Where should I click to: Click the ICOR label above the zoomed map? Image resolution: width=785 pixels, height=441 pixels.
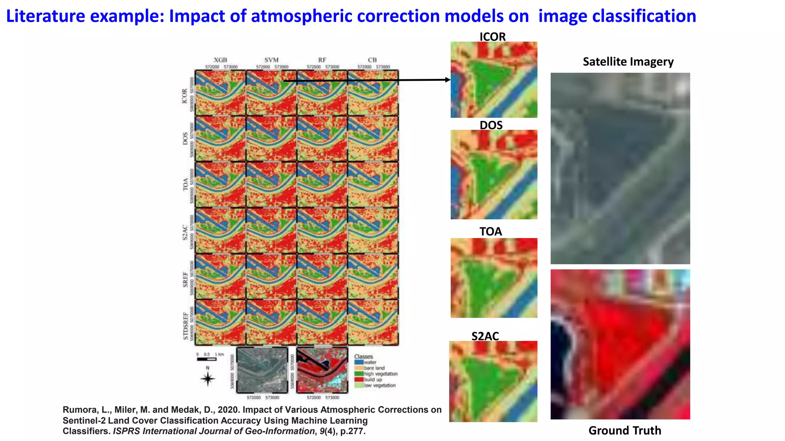(x=493, y=37)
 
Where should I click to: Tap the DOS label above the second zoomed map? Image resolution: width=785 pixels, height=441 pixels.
(x=491, y=125)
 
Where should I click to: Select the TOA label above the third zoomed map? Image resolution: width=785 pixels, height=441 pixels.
(x=491, y=232)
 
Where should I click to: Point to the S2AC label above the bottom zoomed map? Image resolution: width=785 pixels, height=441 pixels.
(x=485, y=336)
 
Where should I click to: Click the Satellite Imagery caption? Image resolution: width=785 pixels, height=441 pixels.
(x=628, y=62)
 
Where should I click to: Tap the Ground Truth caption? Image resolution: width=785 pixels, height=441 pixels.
(x=625, y=431)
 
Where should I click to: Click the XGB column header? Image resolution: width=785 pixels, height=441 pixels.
(x=220, y=60)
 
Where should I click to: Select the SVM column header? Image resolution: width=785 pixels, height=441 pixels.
(x=271, y=60)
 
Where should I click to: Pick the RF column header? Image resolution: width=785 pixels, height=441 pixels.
(x=322, y=60)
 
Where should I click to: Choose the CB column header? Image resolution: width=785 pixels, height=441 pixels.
(x=372, y=60)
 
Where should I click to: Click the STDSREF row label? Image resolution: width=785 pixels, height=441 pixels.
(x=186, y=326)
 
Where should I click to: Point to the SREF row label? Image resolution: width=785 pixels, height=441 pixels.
(x=186, y=279)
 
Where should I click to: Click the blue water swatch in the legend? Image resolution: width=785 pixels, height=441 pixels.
(x=359, y=362)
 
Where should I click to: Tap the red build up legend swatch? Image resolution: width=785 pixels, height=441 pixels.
(x=359, y=379)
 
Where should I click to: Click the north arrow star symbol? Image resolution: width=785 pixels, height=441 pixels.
(x=208, y=379)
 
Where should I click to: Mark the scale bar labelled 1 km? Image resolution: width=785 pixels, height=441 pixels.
(x=207, y=359)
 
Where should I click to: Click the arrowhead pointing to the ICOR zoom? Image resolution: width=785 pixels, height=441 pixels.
(x=447, y=80)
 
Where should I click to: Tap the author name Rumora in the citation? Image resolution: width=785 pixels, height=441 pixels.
(x=80, y=410)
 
